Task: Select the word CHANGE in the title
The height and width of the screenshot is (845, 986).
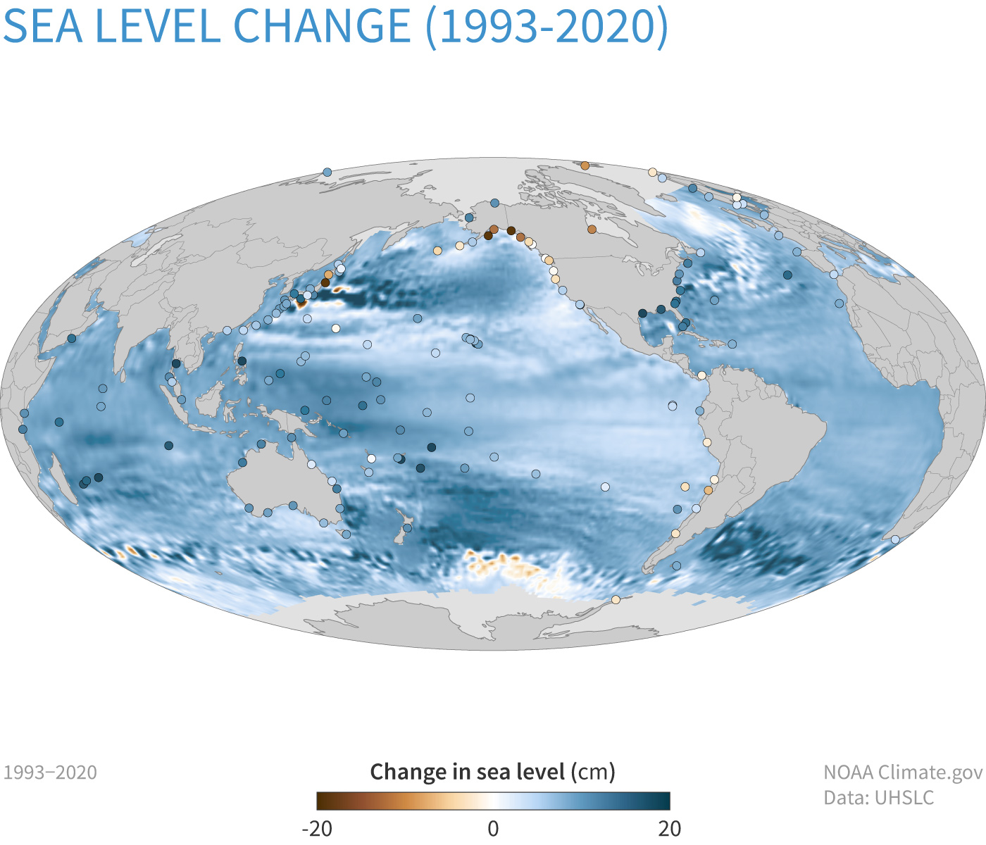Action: coord(321,26)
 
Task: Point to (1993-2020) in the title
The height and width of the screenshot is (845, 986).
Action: coord(546,26)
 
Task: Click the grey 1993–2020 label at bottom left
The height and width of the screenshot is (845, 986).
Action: coord(51,772)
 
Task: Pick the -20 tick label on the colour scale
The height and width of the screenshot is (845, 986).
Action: coord(316,828)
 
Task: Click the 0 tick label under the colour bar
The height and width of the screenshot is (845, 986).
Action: coord(493,828)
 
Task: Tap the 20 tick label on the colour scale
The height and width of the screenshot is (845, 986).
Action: coord(670,828)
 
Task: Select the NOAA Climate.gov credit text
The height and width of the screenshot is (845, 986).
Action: coord(903,772)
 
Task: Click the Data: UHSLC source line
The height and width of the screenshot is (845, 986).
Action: coord(879,798)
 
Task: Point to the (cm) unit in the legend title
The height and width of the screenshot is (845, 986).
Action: coord(593,772)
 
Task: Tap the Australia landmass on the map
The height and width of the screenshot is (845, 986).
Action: coord(282,479)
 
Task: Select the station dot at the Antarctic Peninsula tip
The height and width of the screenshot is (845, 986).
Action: coord(616,600)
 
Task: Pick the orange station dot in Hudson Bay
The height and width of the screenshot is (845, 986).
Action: coord(592,230)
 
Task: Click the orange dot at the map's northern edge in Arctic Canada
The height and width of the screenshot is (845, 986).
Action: coord(585,165)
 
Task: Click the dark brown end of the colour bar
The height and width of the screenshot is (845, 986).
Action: coord(323,801)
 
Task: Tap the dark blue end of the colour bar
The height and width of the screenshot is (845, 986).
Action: coord(664,801)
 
